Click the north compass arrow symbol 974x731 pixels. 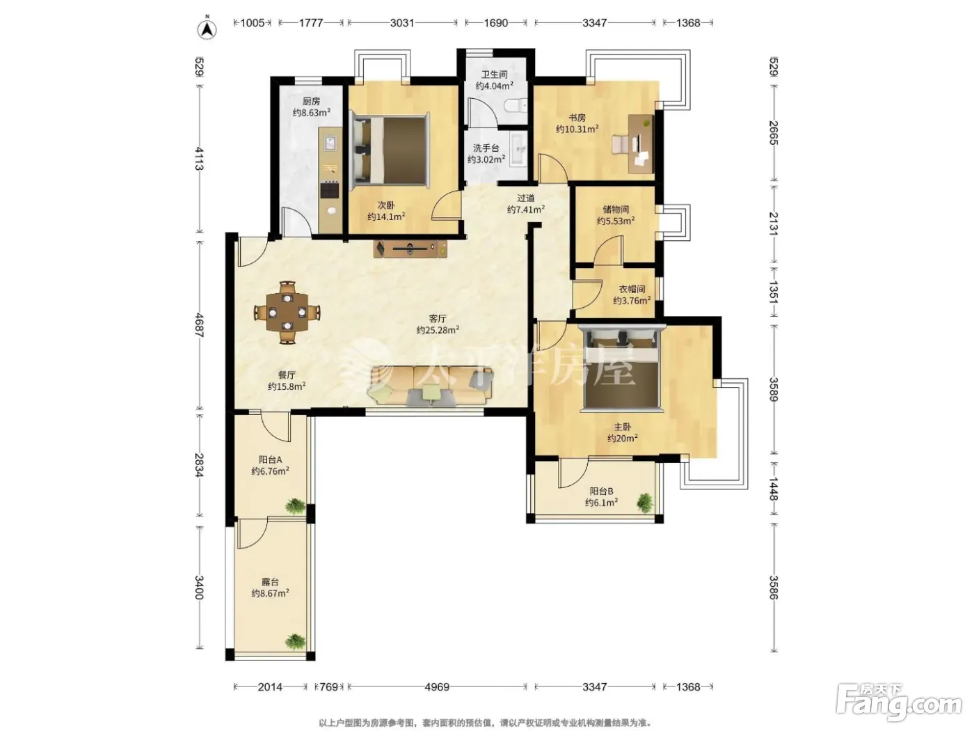point(207,28)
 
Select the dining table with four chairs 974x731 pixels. point(287,312)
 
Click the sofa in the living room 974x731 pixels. point(430,385)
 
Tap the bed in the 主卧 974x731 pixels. point(622,367)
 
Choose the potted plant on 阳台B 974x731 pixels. point(645,503)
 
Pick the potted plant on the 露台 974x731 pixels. point(295,641)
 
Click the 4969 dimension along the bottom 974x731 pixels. point(437,687)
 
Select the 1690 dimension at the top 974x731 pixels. point(495,23)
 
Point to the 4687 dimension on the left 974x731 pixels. point(200,325)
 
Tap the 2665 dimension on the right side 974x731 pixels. point(774,133)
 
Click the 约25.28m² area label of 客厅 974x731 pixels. point(438,330)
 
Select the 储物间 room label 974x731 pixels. point(616,209)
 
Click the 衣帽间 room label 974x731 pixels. point(632,289)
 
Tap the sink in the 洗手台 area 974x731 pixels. point(518,149)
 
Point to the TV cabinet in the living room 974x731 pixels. point(410,249)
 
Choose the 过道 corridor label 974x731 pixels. point(526,198)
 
